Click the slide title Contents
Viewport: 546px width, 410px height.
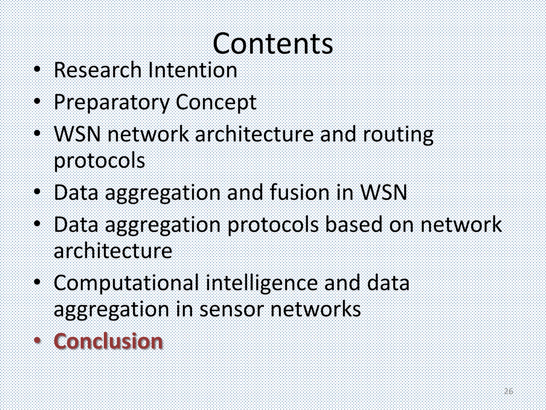click(273, 44)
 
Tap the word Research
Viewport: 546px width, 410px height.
click(98, 70)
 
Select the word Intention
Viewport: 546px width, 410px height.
click(192, 70)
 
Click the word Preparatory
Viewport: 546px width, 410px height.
click(111, 102)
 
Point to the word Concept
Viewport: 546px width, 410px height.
click(216, 102)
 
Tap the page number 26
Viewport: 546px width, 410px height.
click(508, 392)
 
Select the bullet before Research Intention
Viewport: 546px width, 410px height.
click(38, 69)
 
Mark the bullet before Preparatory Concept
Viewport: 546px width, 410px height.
click(38, 101)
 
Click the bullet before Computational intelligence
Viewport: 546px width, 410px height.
click(38, 282)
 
